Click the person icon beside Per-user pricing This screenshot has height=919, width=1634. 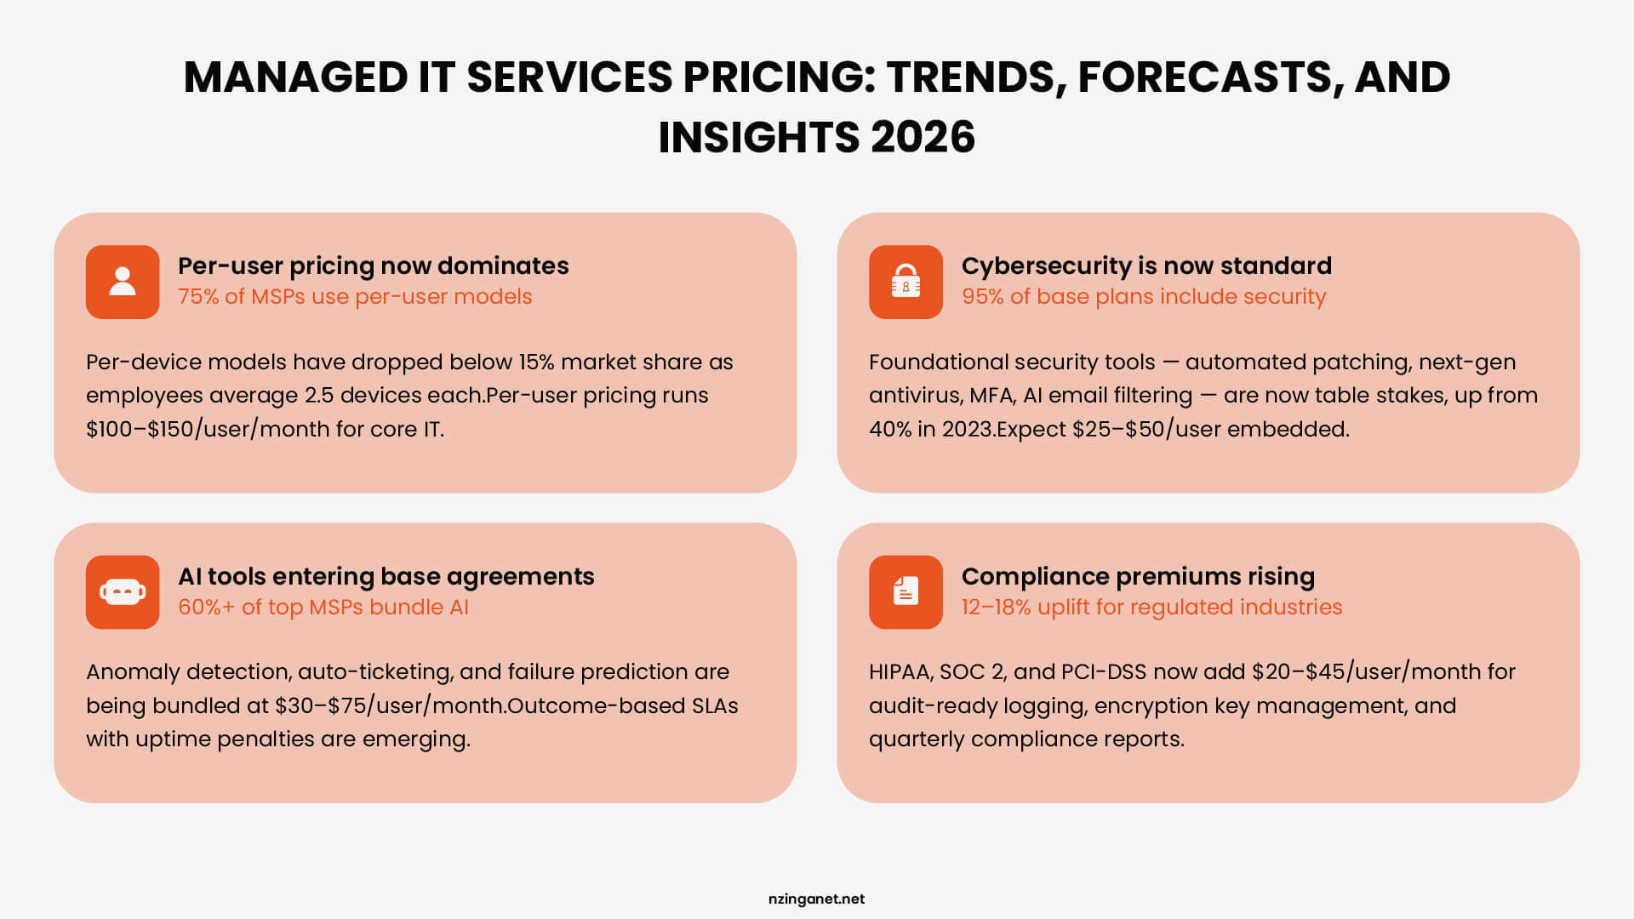[123, 282]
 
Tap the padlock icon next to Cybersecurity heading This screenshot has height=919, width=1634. [906, 282]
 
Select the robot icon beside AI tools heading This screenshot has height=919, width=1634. [123, 592]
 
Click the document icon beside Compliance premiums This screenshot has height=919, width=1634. [906, 592]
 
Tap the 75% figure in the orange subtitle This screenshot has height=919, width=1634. [198, 297]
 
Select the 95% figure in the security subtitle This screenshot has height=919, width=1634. [982, 297]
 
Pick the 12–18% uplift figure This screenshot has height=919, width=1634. [996, 608]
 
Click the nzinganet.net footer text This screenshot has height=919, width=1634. [816, 899]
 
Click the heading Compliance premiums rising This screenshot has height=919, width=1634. [1138, 577]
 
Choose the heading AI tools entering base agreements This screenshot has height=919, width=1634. [386, 577]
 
